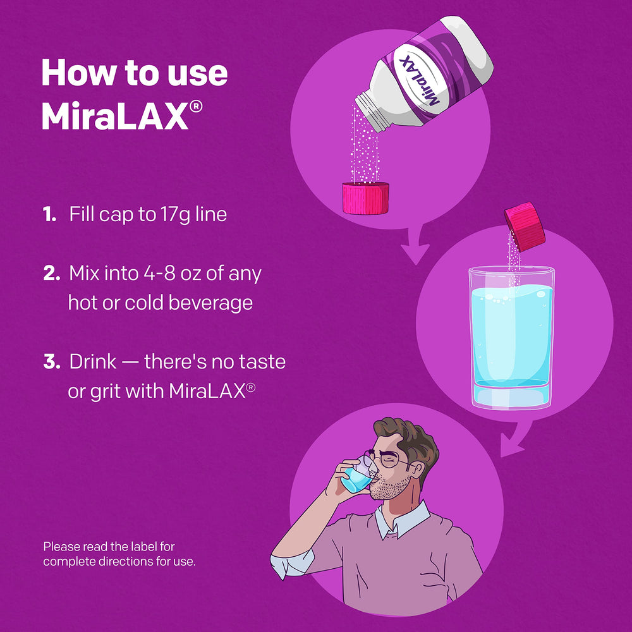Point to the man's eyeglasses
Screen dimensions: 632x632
point(386,460)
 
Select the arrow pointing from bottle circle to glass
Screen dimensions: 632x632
point(416,250)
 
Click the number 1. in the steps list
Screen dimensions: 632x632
point(50,215)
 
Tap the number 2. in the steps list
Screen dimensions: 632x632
point(52,274)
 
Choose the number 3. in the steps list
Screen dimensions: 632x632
point(52,362)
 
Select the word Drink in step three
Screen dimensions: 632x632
point(93,362)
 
